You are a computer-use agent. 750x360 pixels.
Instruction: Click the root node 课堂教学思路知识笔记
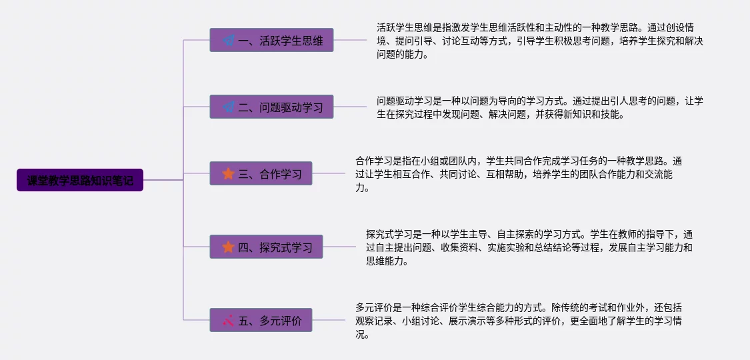tap(80, 180)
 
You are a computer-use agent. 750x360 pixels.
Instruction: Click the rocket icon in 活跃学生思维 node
tap(229, 40)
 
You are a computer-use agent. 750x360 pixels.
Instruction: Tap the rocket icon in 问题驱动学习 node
tap(229, 107)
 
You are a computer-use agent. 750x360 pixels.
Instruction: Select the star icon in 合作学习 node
tap(228, 174)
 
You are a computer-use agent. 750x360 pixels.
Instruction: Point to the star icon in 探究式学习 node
tap(228, 247)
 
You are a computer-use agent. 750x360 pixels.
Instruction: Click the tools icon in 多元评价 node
tap(228, 321)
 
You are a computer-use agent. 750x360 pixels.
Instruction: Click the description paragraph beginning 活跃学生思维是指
tap(539, 41)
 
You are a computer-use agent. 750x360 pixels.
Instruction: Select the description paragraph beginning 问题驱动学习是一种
tap(539, 107)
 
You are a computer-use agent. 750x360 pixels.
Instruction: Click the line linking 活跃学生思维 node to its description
tap(350, 40)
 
